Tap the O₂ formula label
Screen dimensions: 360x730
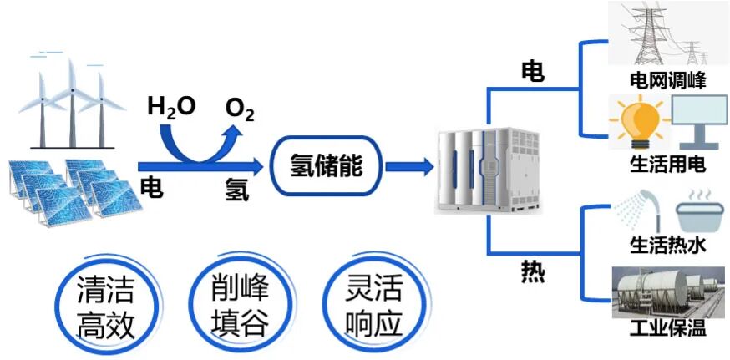239,109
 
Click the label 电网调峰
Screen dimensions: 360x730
667,81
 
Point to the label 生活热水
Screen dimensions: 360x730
667,246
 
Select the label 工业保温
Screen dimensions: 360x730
667,327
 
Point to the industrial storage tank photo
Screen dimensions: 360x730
667,290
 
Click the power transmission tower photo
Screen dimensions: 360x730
667,35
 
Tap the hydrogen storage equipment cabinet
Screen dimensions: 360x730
488,167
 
